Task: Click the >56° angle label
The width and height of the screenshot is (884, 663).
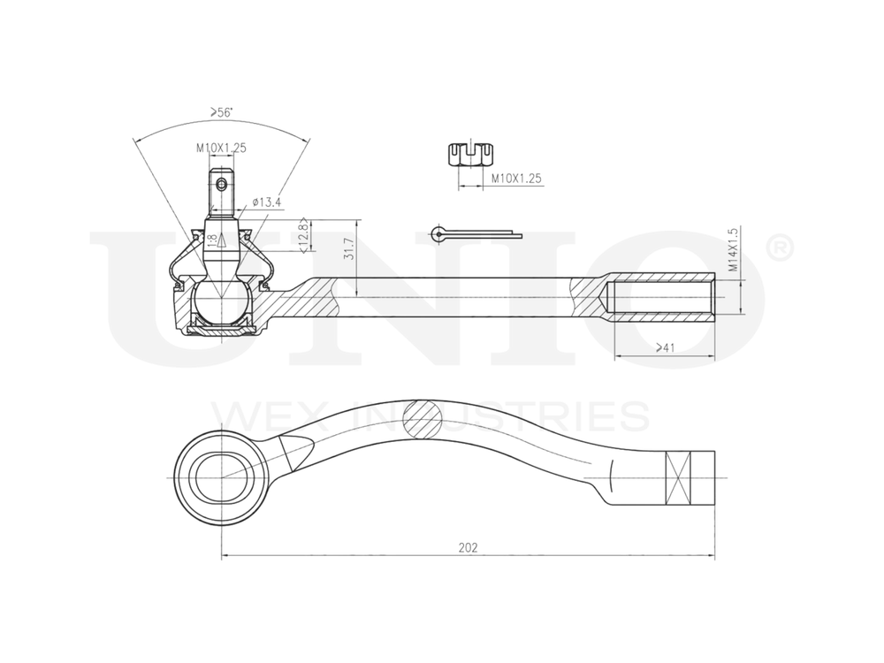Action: (x=221, y=112)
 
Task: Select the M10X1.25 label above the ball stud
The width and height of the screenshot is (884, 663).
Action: (x=221, y=149)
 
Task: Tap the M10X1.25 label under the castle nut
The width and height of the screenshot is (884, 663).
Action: (x=516, y=179)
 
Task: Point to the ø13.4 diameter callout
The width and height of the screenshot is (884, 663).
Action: (x=266, y=202)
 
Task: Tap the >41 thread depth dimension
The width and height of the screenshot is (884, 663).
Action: (x=665, y=348)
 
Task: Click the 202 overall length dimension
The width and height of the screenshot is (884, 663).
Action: (x=468, y=547)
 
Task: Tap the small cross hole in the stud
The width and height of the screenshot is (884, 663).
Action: (x=221, y=185)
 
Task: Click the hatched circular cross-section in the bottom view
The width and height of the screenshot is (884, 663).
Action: (x=422, y=416)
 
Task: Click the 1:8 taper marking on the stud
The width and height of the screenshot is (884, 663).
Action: (x=212, y=240)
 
